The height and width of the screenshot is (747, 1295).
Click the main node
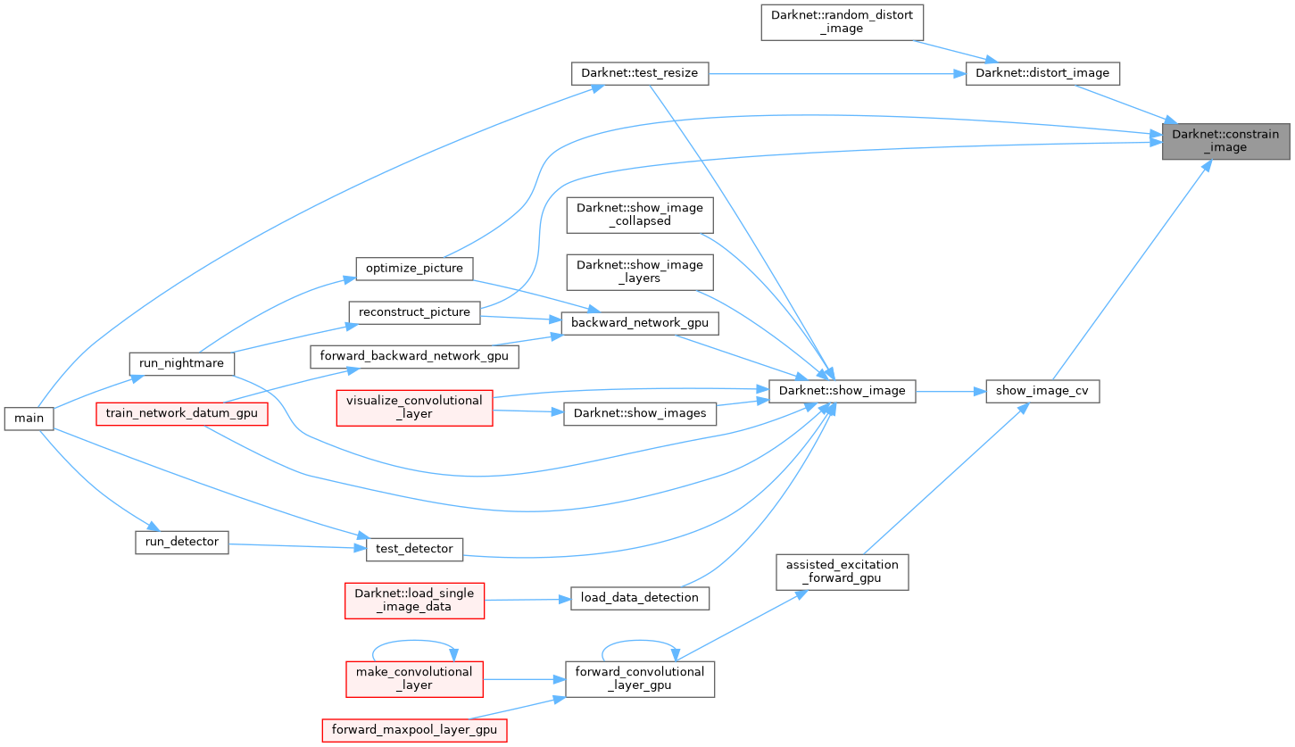coord(29,418)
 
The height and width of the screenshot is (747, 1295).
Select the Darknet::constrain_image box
coord(1224,141)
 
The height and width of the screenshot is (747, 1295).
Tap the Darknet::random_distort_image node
coord(842,21)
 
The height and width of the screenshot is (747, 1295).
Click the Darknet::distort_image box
coord(1042,73)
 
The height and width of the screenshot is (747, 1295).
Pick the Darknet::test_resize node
coord(639,73)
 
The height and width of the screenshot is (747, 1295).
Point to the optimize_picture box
coord(414,268)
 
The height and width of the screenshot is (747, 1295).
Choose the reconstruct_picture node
coord(414,312)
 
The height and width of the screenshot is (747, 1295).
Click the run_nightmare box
coord(182,364)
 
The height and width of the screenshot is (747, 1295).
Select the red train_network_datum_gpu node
coord(182,413)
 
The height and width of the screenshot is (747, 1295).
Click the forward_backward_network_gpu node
coord(414,357)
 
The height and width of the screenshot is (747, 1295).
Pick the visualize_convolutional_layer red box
coord(414,407)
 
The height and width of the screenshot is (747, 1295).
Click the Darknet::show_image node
coord(842,391)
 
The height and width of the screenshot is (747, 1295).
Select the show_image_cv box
coord(1042,391)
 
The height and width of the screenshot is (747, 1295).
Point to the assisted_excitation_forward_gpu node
coord(841,571)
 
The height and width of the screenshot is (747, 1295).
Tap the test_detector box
coord(414,548)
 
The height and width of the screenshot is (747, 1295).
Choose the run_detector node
coord(182,542)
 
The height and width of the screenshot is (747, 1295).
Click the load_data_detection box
coord(640,597)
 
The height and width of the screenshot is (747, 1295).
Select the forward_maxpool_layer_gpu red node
coord(414,730)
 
